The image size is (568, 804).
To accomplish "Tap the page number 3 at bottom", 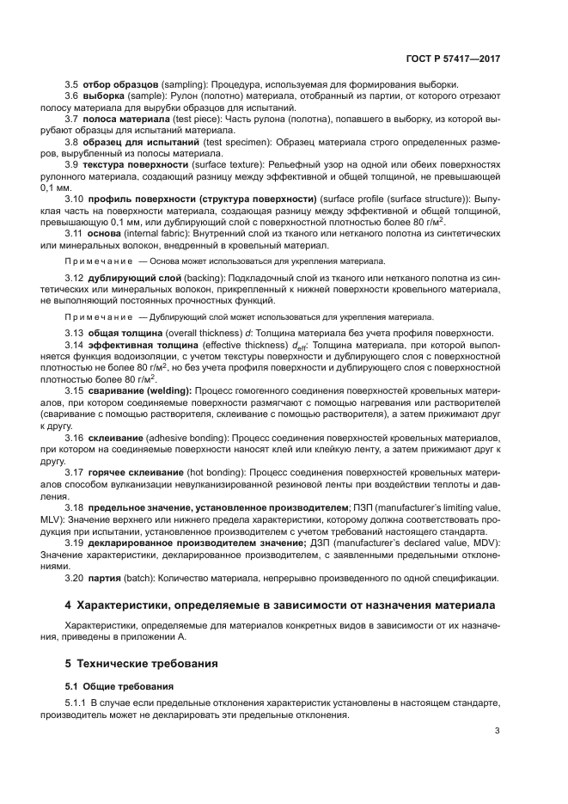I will [x=498, y=732].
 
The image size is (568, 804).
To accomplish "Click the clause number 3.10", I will [x=76, y=199].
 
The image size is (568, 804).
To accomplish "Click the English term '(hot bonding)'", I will [x=216, y=472].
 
